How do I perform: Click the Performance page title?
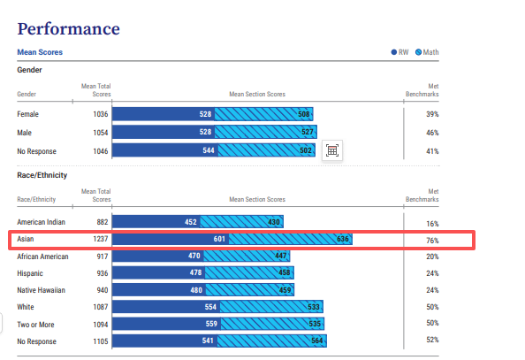(x=68, y=29)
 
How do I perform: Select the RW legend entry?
(x=399, y=52)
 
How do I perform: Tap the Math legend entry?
(x=427, y=52)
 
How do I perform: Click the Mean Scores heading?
(x=40, y=52)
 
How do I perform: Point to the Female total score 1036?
(x=101, y=114)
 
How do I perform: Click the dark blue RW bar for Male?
(x=164, y=132)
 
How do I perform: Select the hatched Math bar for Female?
(x=264, y=114)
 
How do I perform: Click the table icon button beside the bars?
(x=332, y=150)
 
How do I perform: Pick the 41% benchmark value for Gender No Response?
(x=432, y=151)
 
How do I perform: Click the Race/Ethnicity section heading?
(x=42, y=175)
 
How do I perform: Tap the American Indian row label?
(x=42, y=222)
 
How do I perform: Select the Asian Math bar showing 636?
(x=290, y=239)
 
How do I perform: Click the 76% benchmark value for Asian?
(x=432, y=241)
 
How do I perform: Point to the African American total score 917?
(x=103, y=257)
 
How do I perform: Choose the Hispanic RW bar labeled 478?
(x=159, y=272)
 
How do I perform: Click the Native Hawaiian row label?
(x=42, y=290)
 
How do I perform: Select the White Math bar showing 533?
(x=271, y=307)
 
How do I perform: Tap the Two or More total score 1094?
(x=101, y=325)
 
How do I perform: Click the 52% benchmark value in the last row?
(x=432, y=340)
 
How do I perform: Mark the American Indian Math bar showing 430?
(x=242, y=221)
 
